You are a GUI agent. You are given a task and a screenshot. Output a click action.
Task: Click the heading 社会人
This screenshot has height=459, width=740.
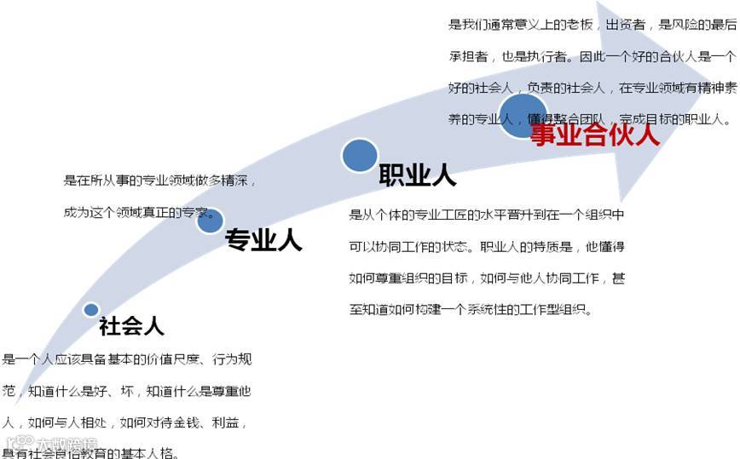[x=131, y=326]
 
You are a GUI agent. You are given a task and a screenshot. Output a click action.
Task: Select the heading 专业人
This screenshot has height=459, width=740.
[x=263, y=241]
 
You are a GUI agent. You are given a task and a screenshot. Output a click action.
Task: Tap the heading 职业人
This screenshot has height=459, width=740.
[x=417, y=176]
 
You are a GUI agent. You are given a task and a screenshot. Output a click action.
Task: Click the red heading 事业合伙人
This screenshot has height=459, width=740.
[x=595, y=135]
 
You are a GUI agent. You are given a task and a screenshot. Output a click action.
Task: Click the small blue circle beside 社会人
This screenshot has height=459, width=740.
[x=91, y=310]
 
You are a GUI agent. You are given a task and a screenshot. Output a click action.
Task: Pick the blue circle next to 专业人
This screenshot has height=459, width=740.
[x=210, y=221]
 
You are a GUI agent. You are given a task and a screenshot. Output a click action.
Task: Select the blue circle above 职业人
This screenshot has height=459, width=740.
[x=360, y=156]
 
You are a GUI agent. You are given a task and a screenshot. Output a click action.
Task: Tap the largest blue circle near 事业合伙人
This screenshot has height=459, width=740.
[x=523, y=114]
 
